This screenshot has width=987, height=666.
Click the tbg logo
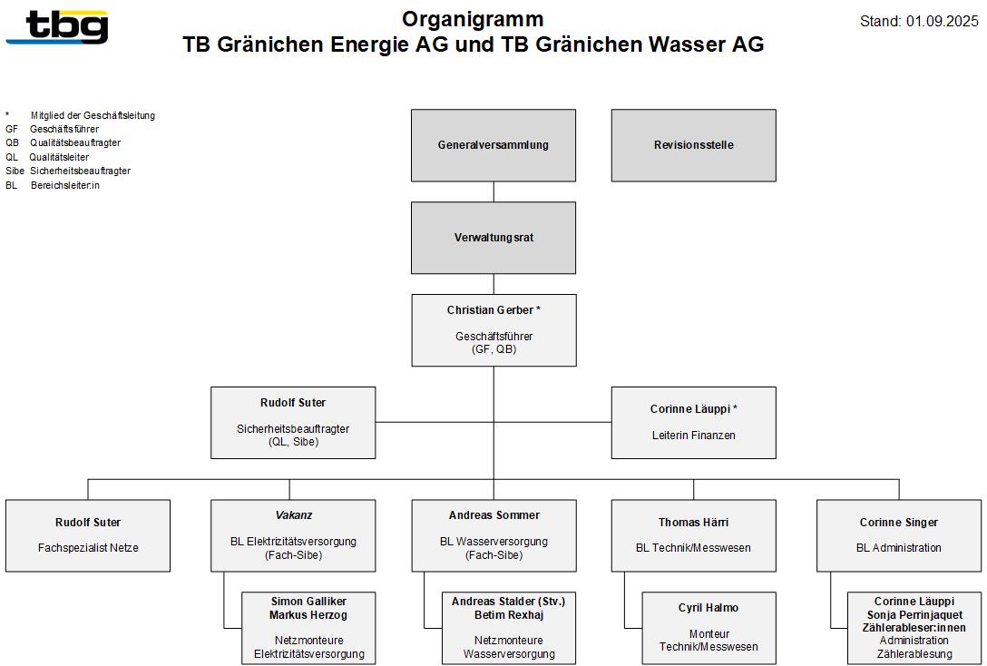57,27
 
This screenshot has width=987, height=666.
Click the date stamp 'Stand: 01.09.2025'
919,21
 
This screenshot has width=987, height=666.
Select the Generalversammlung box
493,145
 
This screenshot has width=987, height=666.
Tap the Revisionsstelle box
694,145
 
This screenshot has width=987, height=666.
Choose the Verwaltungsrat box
493,238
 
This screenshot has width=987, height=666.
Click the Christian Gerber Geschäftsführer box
494,330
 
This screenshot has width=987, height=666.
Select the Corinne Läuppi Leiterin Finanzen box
694,423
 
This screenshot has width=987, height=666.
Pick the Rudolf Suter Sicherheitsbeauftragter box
293,423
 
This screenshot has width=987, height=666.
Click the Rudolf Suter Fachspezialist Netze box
88,535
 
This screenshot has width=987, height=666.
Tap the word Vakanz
293,514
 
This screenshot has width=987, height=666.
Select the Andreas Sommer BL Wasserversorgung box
494,535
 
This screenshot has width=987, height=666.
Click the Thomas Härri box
694,535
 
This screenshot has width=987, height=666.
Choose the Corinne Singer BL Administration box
899,535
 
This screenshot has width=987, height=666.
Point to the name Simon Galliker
309,602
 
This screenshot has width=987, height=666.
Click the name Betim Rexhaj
509,615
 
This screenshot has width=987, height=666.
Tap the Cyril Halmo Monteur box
708,628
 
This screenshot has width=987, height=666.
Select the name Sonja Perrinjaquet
914,614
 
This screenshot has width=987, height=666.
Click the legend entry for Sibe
68,171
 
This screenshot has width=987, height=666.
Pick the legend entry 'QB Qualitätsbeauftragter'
63,142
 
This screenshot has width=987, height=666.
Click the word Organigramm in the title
473,19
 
